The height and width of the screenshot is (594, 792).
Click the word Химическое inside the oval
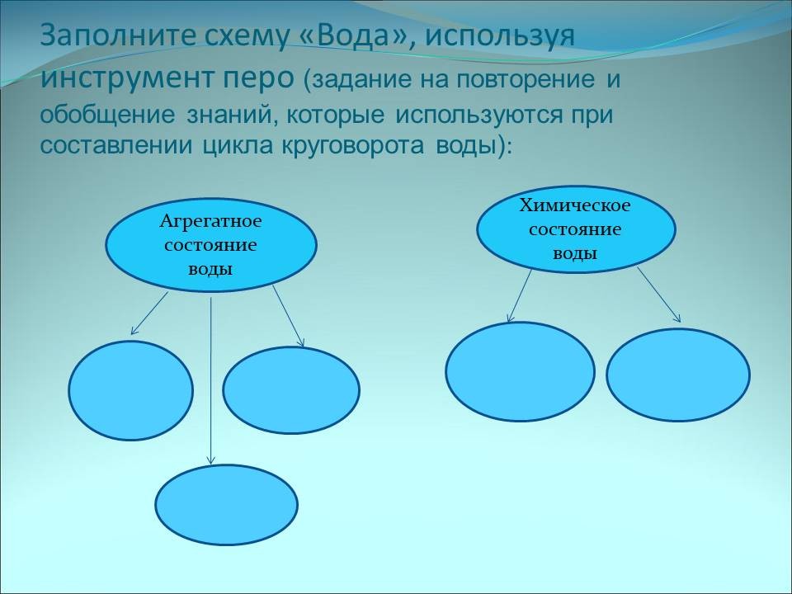(x=575, y=205)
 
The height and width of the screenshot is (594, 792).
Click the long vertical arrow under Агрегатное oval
(x=211, y=379)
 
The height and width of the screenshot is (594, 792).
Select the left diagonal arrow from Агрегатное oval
(x=149, y=313)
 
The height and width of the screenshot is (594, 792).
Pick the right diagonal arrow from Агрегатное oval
(x=289, y=316)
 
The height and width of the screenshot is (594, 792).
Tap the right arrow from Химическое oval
(x=658, y=295)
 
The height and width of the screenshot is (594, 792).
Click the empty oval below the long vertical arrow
(x=226, y=504)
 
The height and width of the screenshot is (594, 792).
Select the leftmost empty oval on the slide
(x=130, y=390)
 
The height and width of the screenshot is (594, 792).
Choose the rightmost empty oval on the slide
(x=678, y=375)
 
